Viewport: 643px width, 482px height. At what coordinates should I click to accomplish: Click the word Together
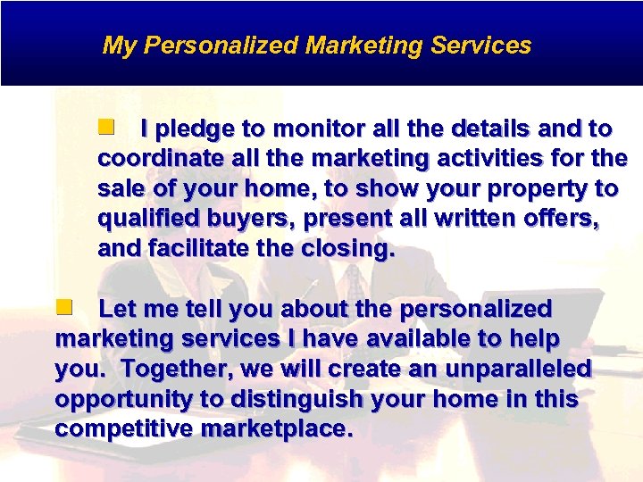(x=169, y=370)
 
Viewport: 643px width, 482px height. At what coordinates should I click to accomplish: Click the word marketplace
(x=278, y=429)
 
